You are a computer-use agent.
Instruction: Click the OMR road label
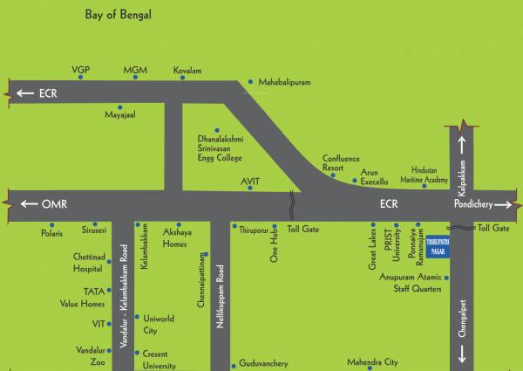pyautogui.click(x=53, y=203)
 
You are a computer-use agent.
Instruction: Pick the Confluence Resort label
pyautogui.click(x=341, y=162)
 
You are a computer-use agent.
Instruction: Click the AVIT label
pyautogui.click(x=251, y=181)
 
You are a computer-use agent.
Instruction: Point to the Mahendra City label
pyautogui.click(x=372, y=361)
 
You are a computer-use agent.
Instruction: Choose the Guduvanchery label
pyautogui.click(x=264, y=366)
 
